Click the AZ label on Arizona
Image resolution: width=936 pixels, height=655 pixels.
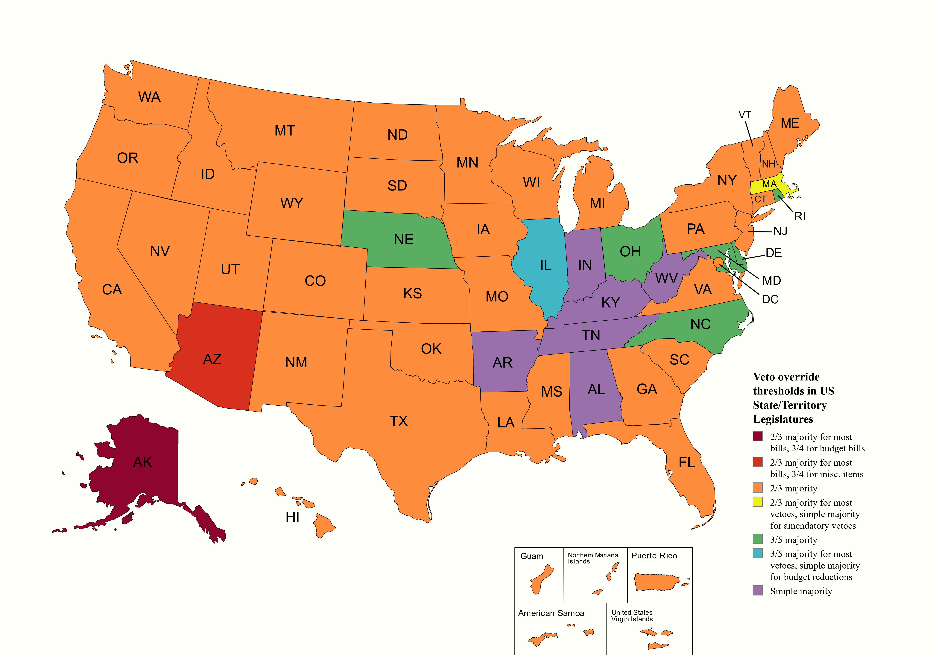click(x=212, y=359)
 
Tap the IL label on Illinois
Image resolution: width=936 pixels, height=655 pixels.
click(x=546, y=265)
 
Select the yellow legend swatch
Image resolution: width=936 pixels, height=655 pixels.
click(x=757, y=502)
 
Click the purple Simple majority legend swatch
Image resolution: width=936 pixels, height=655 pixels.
click(x=757, y=591)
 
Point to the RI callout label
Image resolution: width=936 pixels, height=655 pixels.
click(x=800, y=217)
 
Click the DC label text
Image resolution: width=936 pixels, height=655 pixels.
click(x=770, y=300)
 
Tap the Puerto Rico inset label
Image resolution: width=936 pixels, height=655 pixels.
click(x=654, y=556)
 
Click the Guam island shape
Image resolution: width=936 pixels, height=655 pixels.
click(x=541, y=579)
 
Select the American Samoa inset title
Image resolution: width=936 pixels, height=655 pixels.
click(x=551, y=613)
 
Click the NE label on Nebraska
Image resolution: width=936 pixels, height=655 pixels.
click(x=404, y=240)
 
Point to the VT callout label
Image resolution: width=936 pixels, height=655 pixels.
click(x=744, y=115)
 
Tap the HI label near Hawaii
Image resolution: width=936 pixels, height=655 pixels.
click(x=292, y=517)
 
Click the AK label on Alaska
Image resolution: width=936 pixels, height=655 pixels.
click(x=143, y=462)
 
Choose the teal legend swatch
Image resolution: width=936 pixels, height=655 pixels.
click(x=757, y=553)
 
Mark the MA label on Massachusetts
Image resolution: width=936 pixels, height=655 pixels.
click(x=769, y=184)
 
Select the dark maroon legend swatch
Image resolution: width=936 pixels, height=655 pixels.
click(x=757, y=436)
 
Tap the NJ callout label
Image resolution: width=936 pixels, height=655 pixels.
click(x=780, y=231)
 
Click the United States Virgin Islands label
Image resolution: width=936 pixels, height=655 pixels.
click(x=632, y=616)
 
